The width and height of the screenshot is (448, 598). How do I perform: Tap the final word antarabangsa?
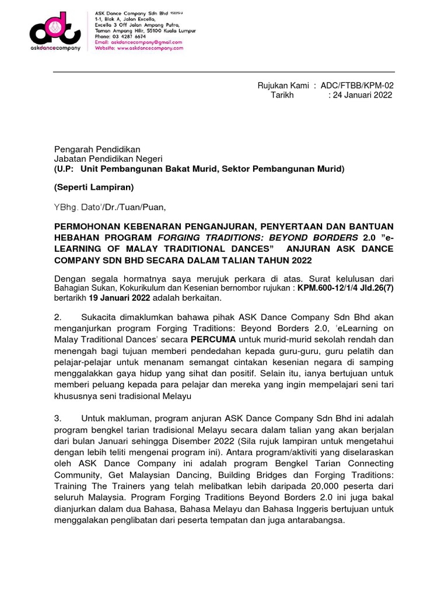pos(316,518)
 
